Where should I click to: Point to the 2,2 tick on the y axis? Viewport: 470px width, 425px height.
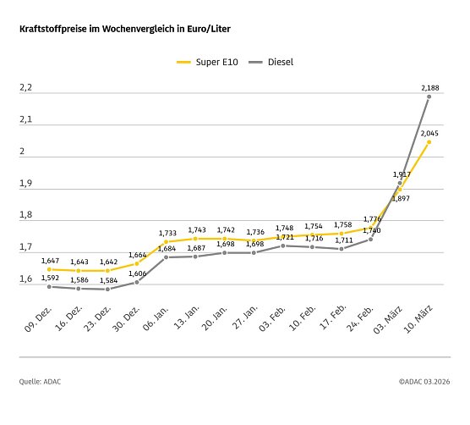click(x=25, y=88)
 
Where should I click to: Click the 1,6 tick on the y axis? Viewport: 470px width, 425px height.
click(x=25, y=279)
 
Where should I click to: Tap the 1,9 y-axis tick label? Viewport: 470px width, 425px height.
click(x=25, y=184)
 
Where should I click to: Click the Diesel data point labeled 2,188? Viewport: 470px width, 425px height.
click(x=429, y=97)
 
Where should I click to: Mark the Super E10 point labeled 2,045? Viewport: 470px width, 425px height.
click(x=429, y=142)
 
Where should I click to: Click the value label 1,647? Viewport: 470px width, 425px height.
click(x=49, y=261)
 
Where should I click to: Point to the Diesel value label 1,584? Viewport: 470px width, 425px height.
click(x=107, y=280)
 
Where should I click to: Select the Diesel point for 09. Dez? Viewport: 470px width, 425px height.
click(x=49, y=287)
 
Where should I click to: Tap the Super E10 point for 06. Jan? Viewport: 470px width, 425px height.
click(x=166, y=242)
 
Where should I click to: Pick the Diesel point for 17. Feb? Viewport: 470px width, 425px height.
click(x=341, y=249)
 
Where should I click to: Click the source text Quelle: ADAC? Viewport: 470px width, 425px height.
click(x=40, y=382)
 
